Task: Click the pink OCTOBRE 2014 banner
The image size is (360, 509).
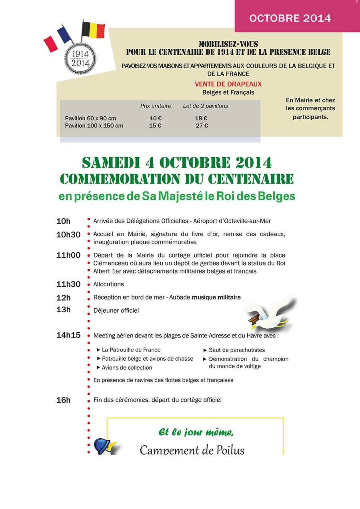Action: point(290,18)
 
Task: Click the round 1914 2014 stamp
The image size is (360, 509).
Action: point(81,58)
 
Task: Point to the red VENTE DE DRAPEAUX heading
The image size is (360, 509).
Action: point(228,84)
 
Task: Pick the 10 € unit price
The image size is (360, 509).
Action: point(155,118)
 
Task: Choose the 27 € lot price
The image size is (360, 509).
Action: point(202,126)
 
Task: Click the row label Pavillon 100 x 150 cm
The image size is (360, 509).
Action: point(94,126)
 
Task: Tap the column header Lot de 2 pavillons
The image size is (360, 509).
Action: point(205,106)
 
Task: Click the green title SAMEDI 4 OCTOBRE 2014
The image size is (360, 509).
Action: point(176,163)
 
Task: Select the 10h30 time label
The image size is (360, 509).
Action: point(68,235)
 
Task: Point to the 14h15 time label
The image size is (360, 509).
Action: point(68,335)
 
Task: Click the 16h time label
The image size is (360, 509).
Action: point(63,400)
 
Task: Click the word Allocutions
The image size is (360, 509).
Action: point(108,284)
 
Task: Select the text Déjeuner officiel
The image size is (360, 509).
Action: point(116,310)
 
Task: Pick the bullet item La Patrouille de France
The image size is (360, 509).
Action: point(131,350)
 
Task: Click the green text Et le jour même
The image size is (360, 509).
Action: point(196,432)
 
